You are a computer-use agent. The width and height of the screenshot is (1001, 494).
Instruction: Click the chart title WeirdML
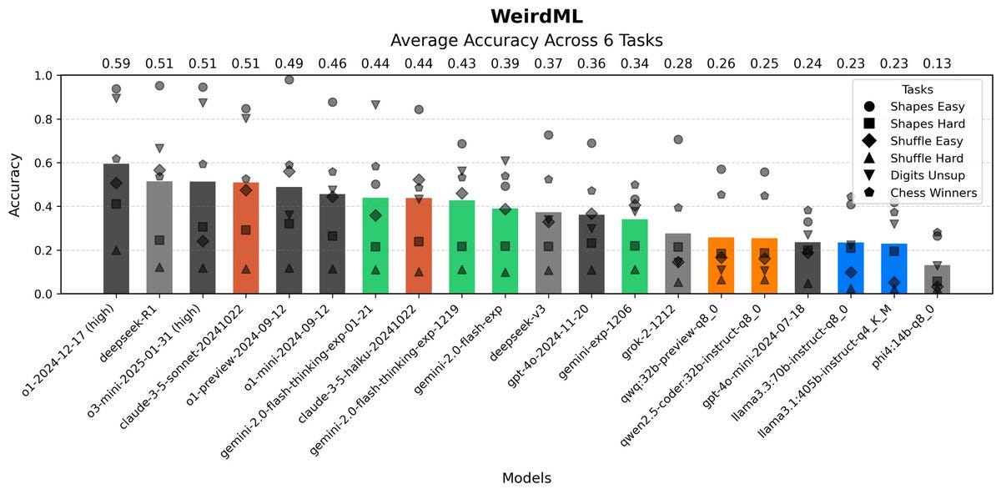[536, 17]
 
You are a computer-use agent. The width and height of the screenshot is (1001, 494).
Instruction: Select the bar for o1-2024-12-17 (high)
[116, 229]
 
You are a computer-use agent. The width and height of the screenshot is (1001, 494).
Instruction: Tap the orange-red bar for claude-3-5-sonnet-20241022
[246, 238]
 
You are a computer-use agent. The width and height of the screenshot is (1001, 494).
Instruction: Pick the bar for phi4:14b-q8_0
[937, 280]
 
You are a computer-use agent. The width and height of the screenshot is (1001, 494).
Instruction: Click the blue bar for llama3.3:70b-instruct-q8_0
[851, 268]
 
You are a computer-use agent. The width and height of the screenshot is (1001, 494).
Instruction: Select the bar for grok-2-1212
[678, 264]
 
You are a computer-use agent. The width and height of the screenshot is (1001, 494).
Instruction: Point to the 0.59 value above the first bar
[116, 63]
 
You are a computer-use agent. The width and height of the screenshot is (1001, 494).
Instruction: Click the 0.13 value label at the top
[937, 63]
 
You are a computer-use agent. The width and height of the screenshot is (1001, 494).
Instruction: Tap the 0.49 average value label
[289, 63]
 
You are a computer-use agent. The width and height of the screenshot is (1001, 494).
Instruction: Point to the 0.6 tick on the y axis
[43, 163]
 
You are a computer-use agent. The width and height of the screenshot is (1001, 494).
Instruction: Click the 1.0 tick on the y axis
[43, 76]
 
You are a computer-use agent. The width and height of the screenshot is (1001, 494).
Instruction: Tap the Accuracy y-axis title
[15, 185]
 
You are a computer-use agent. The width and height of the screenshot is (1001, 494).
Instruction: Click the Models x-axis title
[526, 478]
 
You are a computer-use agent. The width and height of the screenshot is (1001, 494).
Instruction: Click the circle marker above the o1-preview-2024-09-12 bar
[289, 80]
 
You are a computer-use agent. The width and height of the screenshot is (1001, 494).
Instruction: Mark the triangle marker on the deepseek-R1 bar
[159, 267]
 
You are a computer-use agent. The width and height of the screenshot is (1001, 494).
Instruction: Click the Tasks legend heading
[918, 89]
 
